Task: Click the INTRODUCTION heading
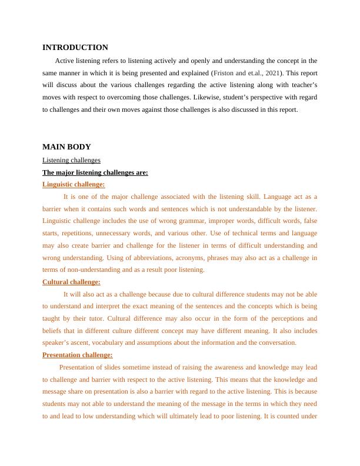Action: click(x=75, y=48)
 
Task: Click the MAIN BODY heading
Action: click(x=66, y=147)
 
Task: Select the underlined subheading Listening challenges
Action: click(x=71, y=160)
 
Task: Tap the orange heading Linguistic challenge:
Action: click(x=74, y=184)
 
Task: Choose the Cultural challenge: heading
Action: click(x=71, y=282)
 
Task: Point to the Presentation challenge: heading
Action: click(x=77, y=355)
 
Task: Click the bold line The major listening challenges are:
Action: click(x=95, y=172)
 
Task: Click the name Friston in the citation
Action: click(x=224, y=73)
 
